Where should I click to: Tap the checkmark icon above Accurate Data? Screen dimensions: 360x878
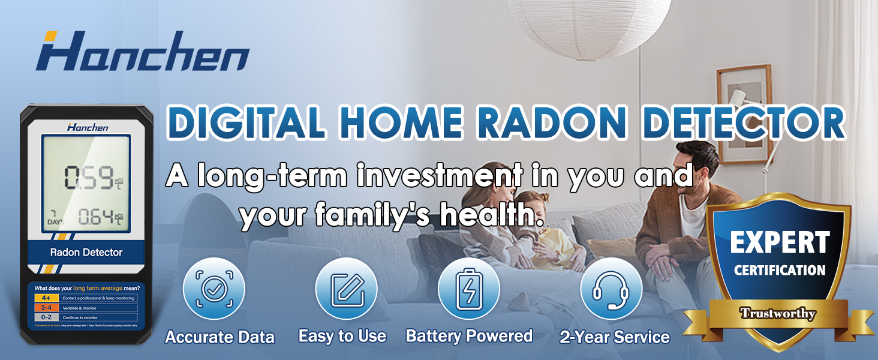click(x=214, y=289)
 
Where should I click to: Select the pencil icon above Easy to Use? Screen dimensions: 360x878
click(x=346, y=289)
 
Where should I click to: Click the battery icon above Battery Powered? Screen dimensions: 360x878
click(x=469, y=289)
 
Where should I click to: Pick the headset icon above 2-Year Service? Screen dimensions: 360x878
click(x=611, y=289)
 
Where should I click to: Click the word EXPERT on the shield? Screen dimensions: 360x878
click(x=780, y=243)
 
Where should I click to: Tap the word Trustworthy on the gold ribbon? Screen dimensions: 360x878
click(x=777, y=313)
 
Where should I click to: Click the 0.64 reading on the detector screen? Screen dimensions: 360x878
click(x=96, y=216)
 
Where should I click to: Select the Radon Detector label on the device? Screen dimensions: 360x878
click(x=86, y=253)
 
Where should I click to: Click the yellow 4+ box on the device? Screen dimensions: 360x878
click(x=46, y=298)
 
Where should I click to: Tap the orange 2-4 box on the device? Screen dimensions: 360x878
click(x=46, y=307)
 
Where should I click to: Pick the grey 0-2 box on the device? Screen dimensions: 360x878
click(x=46, y=317)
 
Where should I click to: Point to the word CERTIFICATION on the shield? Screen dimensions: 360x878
click(x=780, y=270)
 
